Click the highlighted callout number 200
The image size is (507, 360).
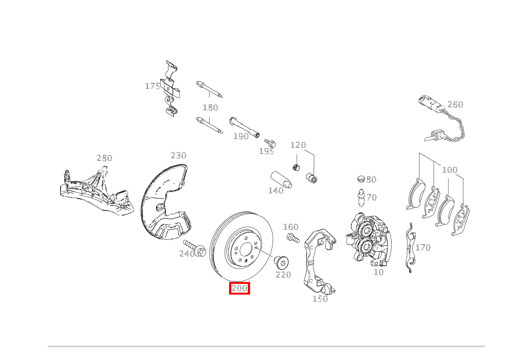click(x=239, y=288)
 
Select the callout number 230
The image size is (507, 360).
click(x=178, y=155)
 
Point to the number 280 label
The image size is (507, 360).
click(x=104, y=158)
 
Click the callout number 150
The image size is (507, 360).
click(x=320, y=299)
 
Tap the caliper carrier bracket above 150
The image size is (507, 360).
click(x=317, y=260)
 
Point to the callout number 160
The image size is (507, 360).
click(x=290, y=227)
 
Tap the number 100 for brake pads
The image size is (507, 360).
click(x=449, y=170)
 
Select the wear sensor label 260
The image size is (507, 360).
click(x=455, y=104)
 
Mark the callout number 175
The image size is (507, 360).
click(x=152, y=86)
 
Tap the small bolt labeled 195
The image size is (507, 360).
click(x=271, y=143)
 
